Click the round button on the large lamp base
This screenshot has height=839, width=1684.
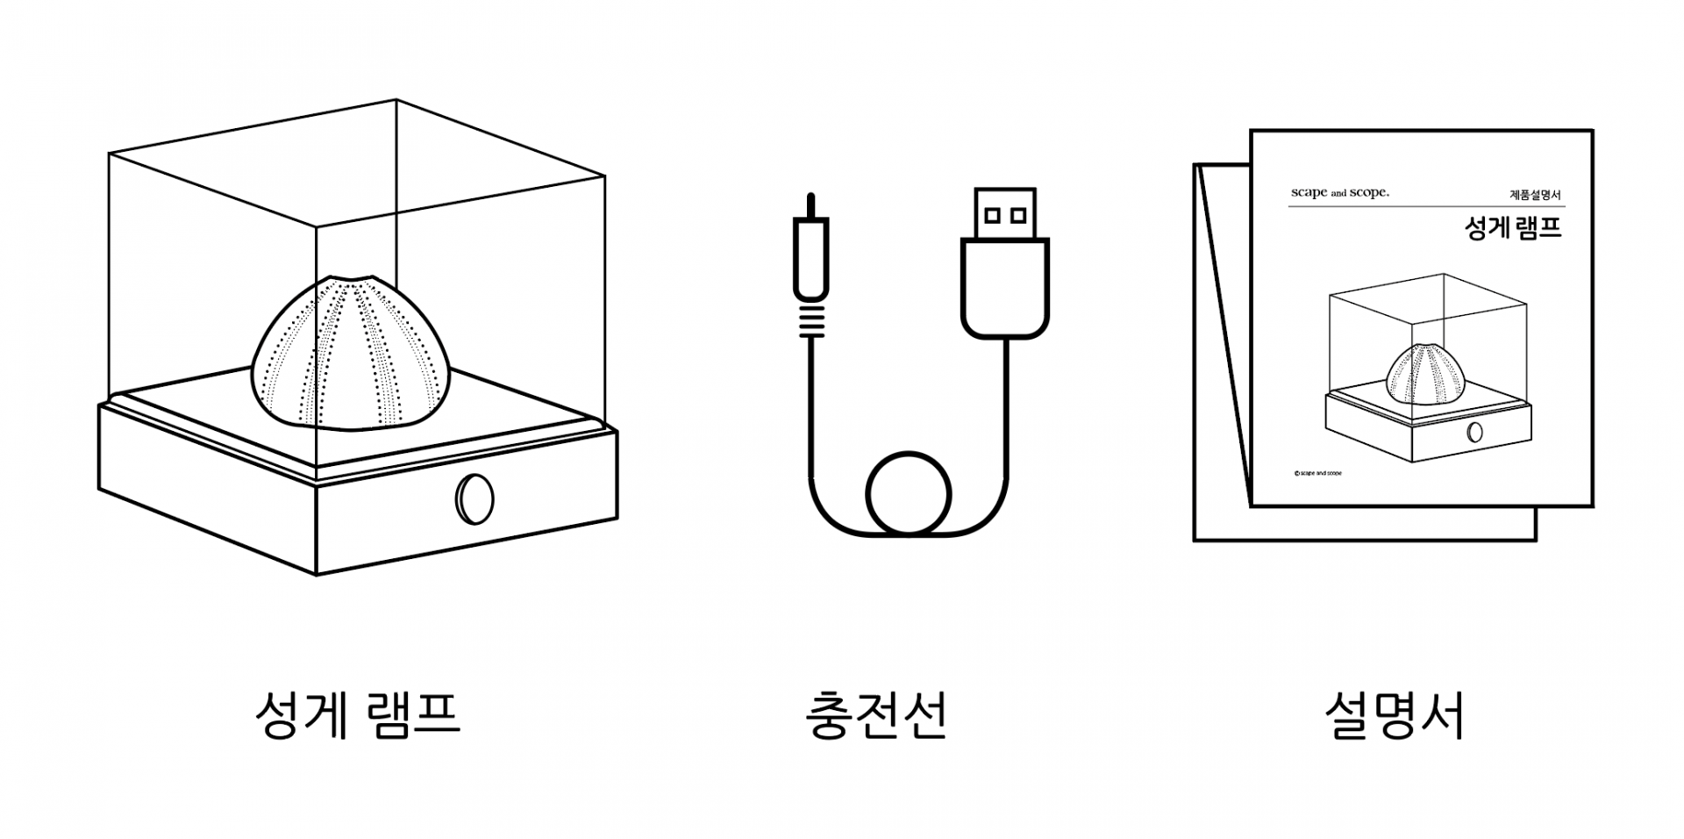tap(475, 498)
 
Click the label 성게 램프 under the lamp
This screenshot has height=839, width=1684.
tap(357, 715)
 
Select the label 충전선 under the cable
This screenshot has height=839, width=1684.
tap(876, 715)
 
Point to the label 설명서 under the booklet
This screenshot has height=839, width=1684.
tap(1394, 715)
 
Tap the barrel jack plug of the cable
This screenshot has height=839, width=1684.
tap(811, 259)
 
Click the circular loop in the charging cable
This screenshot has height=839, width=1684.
tap(909, 492)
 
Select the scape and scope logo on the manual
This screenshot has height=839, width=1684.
tap(1339, 192)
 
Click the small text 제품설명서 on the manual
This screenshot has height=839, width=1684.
tap(1535, 195)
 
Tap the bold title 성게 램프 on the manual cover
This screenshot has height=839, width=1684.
tap(1513, 228)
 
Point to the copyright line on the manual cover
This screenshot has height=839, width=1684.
tap(1317, 473)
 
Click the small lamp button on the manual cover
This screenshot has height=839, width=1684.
tap(1475, 432)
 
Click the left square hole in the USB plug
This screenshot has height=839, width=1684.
tap(992, 214)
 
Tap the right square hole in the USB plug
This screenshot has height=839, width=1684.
tap(1018, 214)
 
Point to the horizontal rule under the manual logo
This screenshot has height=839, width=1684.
tap(1425, 206)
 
